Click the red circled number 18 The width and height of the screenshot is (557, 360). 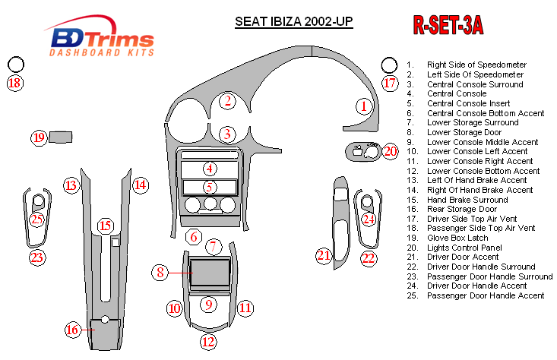coord(14,83)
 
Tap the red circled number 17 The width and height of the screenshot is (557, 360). coord(390,83)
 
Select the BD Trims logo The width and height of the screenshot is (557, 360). coord(101,39)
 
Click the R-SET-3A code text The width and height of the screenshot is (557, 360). coord(448,26)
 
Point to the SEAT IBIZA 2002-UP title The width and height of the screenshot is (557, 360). coord(294,23)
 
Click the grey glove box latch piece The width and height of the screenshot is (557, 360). coord(62,137)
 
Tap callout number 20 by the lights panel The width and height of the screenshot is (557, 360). coord(390,151)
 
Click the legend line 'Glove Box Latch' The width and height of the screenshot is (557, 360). coord(457,238)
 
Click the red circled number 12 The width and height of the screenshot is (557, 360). coord(208,341)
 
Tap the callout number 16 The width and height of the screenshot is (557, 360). coord(72,330)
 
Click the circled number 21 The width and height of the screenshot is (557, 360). coord(324,255)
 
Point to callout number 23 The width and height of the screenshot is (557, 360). coord(37,257)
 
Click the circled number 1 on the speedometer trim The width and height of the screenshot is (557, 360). coord(366,106)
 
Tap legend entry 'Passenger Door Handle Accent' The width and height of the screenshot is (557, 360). coord(486,295)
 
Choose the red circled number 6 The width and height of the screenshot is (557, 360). coord(194,237)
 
